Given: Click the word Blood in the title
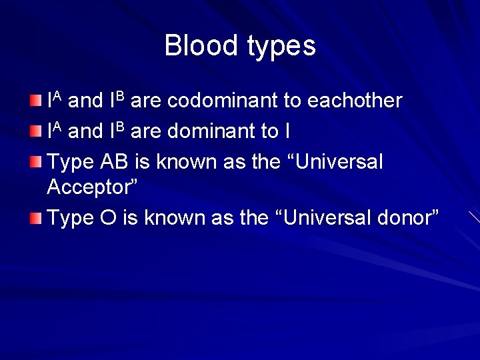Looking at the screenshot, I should point(201,45).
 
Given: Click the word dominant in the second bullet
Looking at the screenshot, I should point(207,131).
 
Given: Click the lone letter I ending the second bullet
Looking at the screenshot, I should point(287,131).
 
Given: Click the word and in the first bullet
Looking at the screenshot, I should point(85,101).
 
